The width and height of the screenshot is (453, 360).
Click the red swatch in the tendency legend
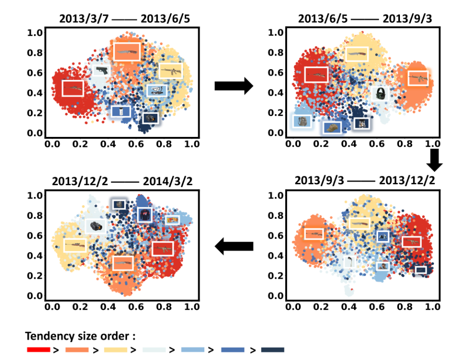[38, 350]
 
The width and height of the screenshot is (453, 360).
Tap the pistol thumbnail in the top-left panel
[100, 71]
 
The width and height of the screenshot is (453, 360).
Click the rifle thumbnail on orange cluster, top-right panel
[417, 78]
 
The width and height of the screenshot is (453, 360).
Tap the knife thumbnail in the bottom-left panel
[123, 263]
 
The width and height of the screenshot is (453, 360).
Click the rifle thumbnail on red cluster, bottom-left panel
[163, 248]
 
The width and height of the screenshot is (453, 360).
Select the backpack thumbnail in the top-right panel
[301, 121]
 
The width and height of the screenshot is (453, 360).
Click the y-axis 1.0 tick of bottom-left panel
[36, 195]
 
